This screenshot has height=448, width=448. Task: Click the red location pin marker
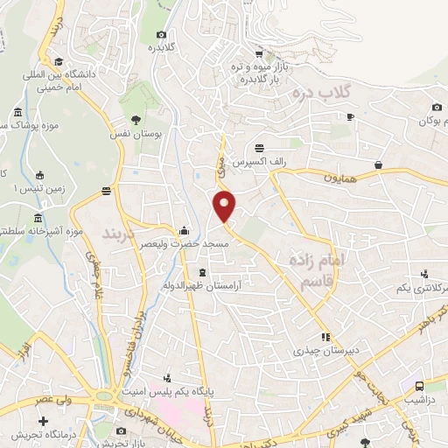click(x=225, y=206)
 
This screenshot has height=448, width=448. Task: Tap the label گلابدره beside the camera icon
click(x=161, y=47)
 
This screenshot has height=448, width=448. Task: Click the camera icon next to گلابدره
click(x=161, y=34)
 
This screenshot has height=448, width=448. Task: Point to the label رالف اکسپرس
click(x=260, y=164)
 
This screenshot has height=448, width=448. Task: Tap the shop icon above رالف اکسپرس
click(x=259, y=150)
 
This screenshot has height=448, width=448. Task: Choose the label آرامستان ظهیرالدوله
click(x=203, y=285)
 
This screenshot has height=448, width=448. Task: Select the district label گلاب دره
click(x=322, y=90)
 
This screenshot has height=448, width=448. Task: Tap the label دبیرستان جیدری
click(x=324, y=350)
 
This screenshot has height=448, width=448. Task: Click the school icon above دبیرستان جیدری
click(x=325, y=336)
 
